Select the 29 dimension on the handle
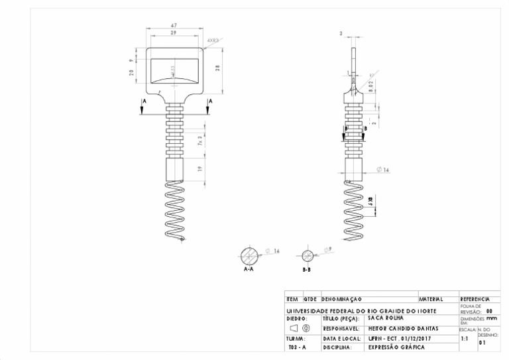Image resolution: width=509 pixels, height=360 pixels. [174, 32]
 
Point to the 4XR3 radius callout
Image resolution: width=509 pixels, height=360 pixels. [213, 40]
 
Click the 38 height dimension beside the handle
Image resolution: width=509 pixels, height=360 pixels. [217, 69]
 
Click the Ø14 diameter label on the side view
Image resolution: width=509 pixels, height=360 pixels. [382, 170]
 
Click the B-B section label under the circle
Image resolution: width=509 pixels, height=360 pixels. [307, 270]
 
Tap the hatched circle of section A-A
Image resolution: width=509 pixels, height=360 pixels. [251, 255]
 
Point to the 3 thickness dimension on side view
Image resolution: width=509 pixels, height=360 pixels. [341, 32]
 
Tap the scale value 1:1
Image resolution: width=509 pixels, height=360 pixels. [465, 338]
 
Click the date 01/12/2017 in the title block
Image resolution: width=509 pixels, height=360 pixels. [416, 338]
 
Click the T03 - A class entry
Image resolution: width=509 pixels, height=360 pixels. [297, 347]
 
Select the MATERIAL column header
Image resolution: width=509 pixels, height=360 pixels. [431, 300]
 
